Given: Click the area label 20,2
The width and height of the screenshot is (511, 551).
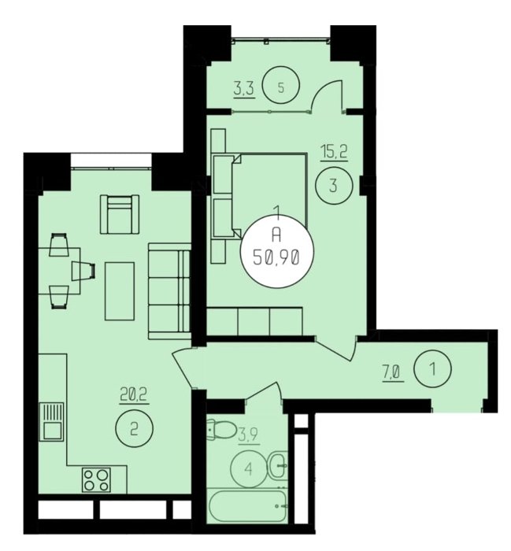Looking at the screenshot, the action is (x=135, y=396).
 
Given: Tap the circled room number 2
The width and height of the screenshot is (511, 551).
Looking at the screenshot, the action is (x=135, y=429).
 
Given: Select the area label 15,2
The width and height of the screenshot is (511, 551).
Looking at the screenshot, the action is (x=334, y=153).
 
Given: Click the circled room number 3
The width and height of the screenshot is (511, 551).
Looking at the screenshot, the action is (x=334, y=185).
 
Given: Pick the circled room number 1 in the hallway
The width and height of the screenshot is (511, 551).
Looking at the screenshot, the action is (x=432, y=369).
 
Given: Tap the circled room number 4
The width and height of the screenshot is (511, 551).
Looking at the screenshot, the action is (x=249, y=469).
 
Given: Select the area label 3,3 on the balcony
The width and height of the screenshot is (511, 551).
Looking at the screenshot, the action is (x=243, y=90).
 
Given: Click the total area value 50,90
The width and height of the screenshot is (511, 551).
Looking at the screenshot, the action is (x=276, y=259).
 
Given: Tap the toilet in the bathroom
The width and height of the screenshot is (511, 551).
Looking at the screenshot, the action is (x=222, y=428).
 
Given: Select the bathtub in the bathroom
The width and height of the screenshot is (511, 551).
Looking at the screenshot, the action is (x=247, y=506).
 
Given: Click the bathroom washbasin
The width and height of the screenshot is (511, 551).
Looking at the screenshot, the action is (x=279, y=465).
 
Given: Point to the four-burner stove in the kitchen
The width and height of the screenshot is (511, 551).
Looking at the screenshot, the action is (x=96, y=479).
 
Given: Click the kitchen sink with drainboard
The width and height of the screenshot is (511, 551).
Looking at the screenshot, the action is (x=52, y=421).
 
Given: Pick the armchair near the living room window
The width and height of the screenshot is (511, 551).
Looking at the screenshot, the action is (x=120, y=214).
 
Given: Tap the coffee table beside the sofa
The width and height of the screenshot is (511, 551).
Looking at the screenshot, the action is (x=120, y=291).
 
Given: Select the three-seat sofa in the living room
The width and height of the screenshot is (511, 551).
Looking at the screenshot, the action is (x=169, y=291).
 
